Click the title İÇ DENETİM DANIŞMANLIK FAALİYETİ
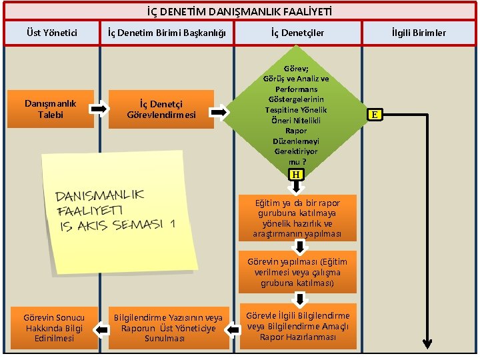point(239,11)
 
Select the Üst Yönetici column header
point(51,33)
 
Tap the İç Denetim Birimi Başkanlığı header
point(167,33)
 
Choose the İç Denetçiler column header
point(297,33)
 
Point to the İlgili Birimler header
point(419,33)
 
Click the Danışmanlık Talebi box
point(51,109)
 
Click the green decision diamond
point(295,109)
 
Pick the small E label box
point(375,115)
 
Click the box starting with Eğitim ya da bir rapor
point(297,218)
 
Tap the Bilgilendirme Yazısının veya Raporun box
point(168,328)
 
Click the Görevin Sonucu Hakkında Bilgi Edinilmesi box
point(53,328)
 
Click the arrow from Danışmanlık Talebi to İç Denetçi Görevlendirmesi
point(99,108)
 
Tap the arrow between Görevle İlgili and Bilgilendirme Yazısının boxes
point(233,328)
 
